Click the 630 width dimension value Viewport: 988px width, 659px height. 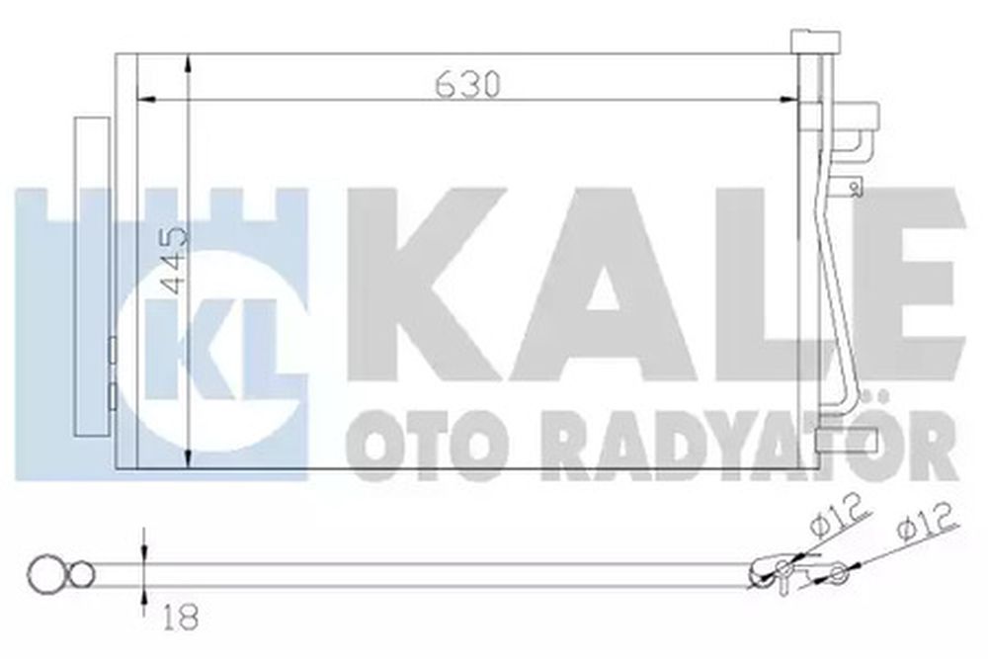point(468,84)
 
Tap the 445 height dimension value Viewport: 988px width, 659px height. point(174,260)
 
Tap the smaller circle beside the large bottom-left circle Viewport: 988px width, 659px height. point(81,575)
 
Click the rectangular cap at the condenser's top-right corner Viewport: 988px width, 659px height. point(816,41)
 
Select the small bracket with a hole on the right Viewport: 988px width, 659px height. point(847,187)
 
